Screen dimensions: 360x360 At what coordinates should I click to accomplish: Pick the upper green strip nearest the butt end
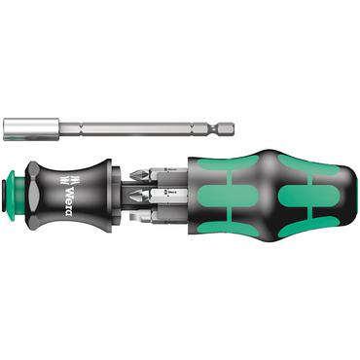pos(297,160)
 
